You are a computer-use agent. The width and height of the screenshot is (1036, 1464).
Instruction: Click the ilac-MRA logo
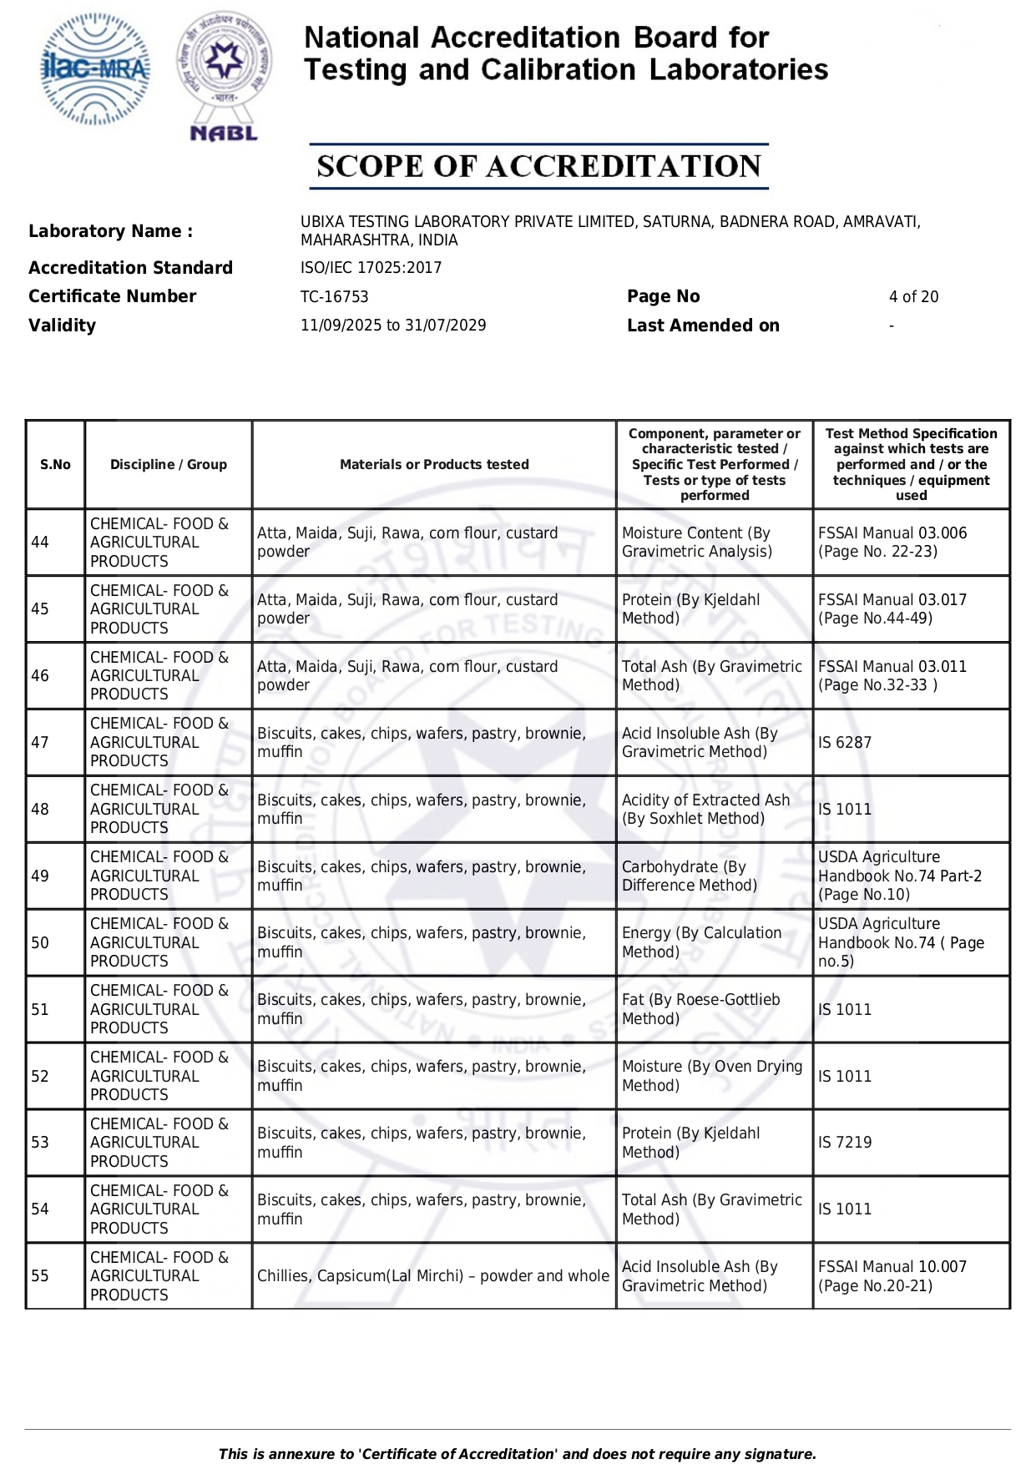[x=96, y=70]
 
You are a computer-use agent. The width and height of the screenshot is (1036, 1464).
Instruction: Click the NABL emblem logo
[x=224, y=75]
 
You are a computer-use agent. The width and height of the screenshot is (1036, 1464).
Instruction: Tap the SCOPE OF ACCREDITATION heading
[x=538, y=166]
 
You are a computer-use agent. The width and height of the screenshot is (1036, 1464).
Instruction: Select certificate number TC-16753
[x=334, y=297]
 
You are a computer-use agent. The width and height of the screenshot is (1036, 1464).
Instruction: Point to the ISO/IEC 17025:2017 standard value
[x=371, y=268]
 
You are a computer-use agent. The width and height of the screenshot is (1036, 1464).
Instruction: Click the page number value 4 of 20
[x=913, y=297]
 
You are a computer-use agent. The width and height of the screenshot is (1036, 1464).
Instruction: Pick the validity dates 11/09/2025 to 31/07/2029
[x=393, y=326]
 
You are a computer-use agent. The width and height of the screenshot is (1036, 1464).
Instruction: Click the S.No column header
[x=55, y=465]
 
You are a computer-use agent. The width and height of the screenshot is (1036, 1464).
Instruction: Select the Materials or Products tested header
[x=434, y=465]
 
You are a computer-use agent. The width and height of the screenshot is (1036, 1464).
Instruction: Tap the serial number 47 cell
[x=40, y=743]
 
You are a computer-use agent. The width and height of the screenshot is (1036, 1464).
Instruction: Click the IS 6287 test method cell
[x=845, y=743]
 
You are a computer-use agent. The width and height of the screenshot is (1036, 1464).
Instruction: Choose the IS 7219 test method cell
[x=845, y=1143]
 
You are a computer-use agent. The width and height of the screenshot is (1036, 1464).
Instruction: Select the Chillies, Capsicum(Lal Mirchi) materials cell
[x=433, y=1276]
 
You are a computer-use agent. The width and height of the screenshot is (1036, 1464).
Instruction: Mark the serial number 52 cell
[x=40, y=1077]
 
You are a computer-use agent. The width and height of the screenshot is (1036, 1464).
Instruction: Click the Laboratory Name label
[x=110, y=231]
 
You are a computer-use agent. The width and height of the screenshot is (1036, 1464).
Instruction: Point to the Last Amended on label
[x=703, y=326]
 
